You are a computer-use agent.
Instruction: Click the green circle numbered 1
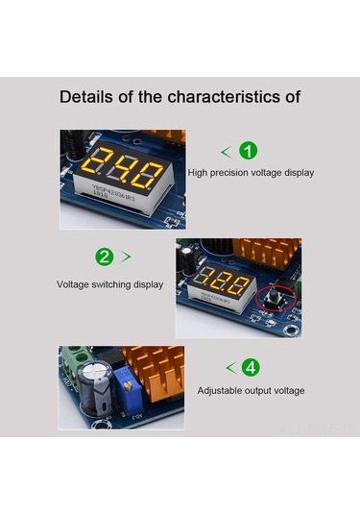tap(248, 152)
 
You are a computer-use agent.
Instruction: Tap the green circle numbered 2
tap(106, 257)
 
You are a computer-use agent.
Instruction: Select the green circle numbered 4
tap(251, 368)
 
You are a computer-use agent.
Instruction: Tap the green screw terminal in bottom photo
tap(72, 363)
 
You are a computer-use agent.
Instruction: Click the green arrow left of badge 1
tap(226, 152)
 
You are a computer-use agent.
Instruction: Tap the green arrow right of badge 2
tap(127, 257)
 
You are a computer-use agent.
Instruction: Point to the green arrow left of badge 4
tap(230, 368)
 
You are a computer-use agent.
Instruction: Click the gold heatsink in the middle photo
tap(272, 255)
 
